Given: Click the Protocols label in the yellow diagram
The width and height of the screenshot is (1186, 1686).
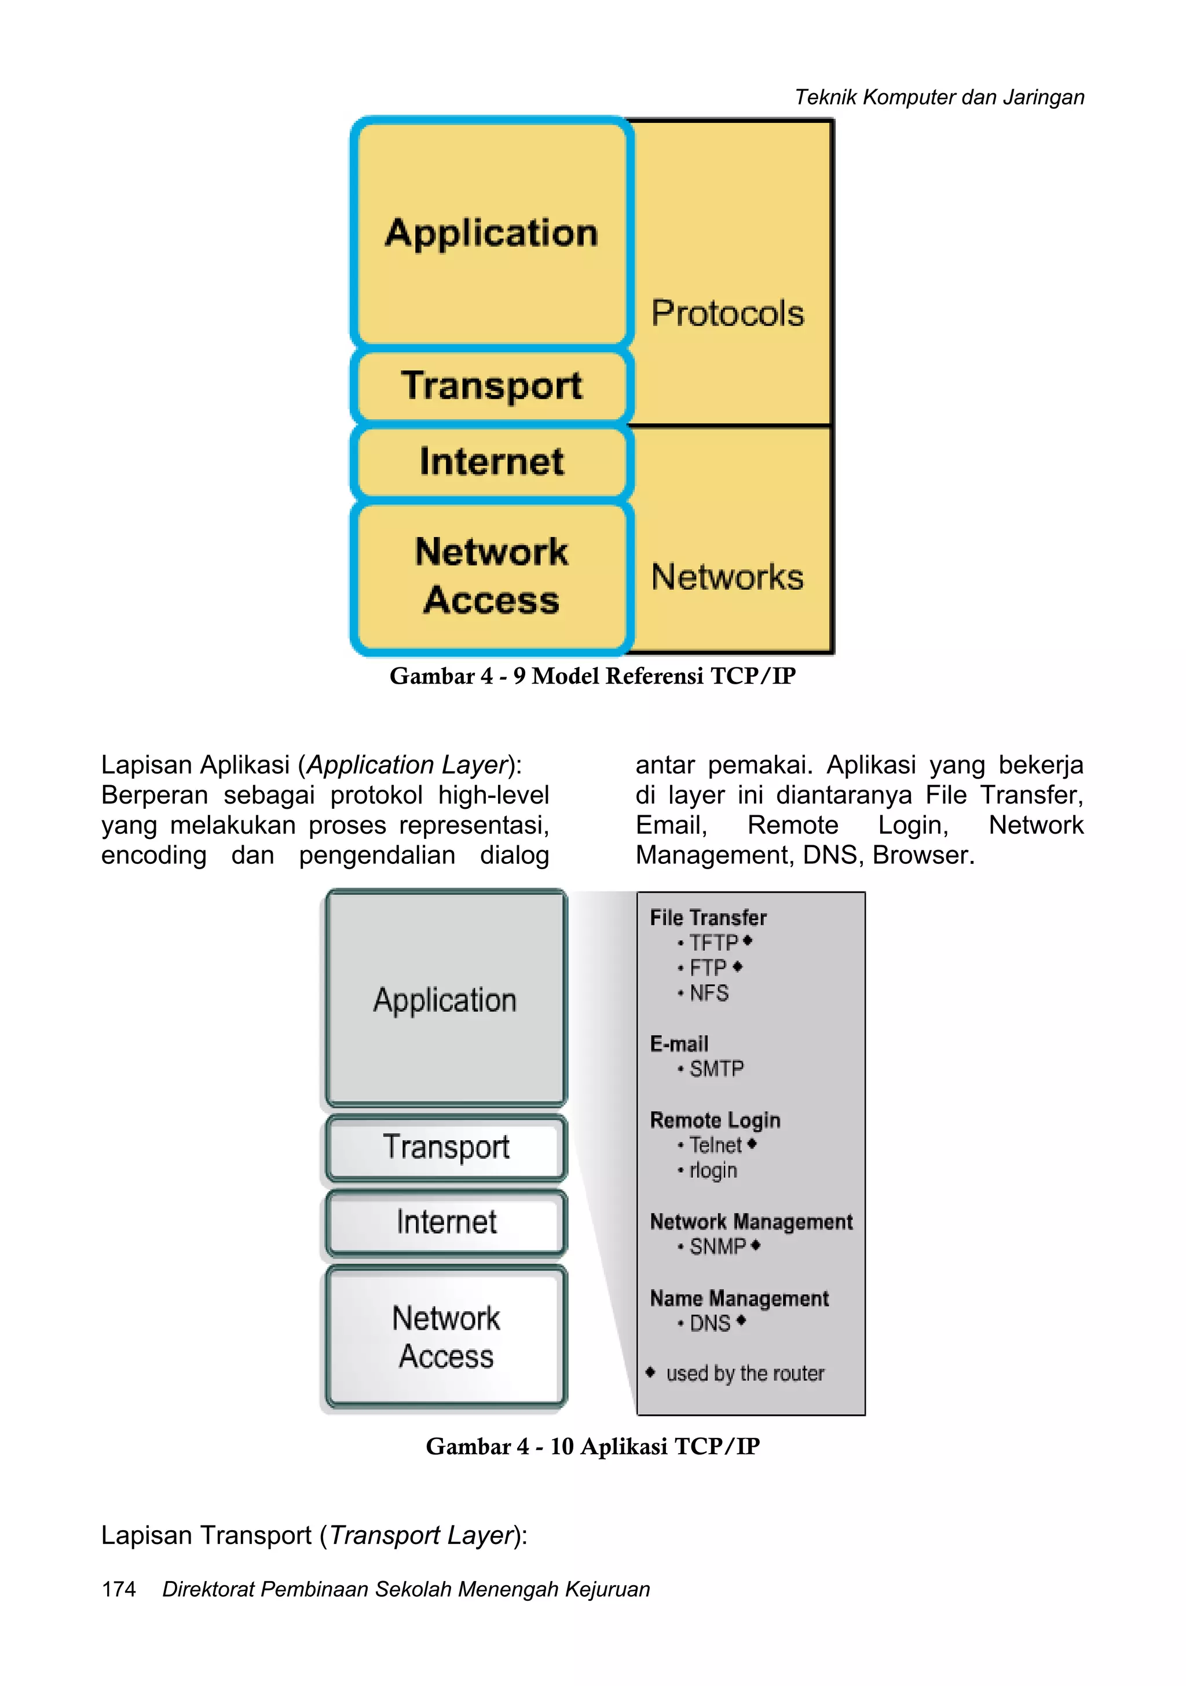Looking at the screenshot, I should click(727, 313).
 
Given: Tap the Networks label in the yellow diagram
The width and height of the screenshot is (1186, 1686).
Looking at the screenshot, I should click(727, 577).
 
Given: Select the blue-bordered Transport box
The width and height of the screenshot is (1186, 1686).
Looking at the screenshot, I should click(491, 385).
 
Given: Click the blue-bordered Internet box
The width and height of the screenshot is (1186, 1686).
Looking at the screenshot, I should click(491, 462).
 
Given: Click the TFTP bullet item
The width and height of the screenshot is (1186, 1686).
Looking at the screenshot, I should click(713, 943).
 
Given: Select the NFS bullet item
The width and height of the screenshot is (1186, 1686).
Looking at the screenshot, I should click(708, 994).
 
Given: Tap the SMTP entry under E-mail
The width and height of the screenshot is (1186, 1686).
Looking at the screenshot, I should click(716, 1069).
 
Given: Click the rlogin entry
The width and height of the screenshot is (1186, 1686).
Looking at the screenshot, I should click(712, 1170).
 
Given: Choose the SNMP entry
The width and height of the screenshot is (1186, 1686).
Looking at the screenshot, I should click(717, 1247).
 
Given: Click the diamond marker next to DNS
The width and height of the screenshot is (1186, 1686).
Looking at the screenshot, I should click(741, 1321).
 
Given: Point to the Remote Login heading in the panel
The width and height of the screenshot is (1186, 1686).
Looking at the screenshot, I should click(715, 1121).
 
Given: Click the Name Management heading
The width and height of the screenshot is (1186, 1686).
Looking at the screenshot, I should click(739, 1298).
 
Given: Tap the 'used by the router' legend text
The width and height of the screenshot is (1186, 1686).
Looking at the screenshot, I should click(744, 1373).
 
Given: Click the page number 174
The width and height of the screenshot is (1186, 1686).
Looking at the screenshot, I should click(119, 1589).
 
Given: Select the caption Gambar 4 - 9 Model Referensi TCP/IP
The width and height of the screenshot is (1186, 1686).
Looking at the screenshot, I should click(592, 676).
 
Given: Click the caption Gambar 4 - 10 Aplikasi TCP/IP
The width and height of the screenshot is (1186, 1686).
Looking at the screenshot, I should click(592, 1446).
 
